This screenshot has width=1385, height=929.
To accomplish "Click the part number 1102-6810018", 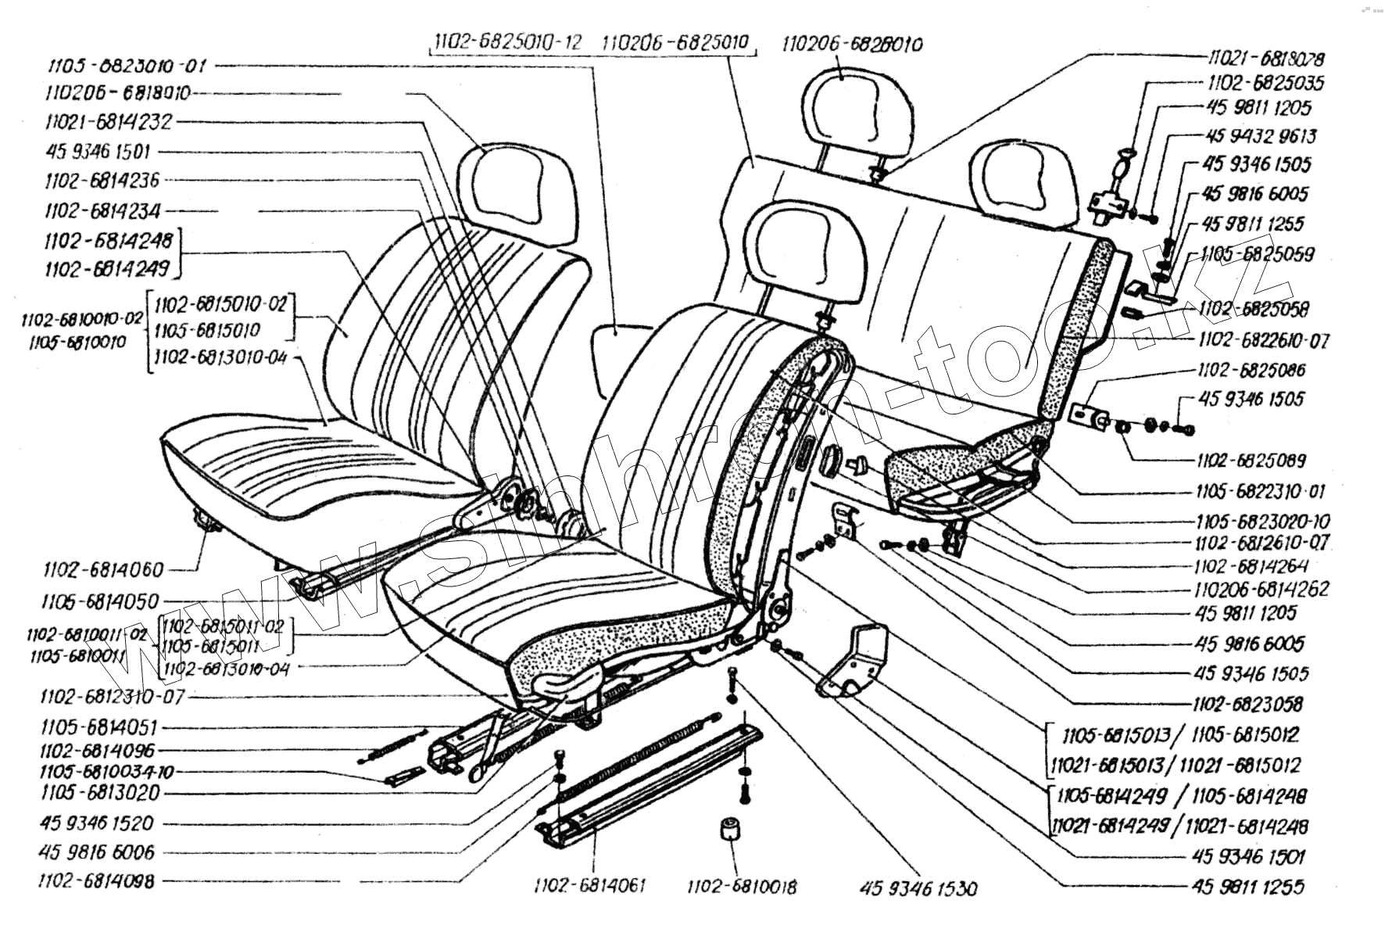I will [x=742, y=887].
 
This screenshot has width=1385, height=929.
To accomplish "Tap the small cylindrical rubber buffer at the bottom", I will [x=730, y=831].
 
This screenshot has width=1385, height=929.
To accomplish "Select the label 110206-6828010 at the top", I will [x=852, y=43].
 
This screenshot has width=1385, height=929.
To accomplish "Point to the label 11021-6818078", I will [x=1266, y=58].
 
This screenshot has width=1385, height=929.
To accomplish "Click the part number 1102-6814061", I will [x=590, y=885].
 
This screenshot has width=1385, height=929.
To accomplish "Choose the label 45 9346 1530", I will [x=918, y=888].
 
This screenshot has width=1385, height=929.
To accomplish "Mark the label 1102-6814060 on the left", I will [x=103, y=569].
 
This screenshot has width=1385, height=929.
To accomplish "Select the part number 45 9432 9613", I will [x=1261, y=136].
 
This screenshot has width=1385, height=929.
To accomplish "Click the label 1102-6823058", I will [x=1248, y=704].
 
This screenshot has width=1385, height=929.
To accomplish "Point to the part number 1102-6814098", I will [x=96, y=881].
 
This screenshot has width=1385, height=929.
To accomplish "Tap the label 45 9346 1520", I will [x=96, y=823].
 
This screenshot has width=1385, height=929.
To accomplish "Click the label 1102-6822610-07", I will [x=1263, y=340].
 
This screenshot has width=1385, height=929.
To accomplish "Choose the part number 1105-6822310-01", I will [x=1260, y=491].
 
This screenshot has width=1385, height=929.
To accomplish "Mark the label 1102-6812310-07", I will [x=112, y=696].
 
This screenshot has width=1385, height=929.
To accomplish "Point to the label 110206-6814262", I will [x=1262, y=589].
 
